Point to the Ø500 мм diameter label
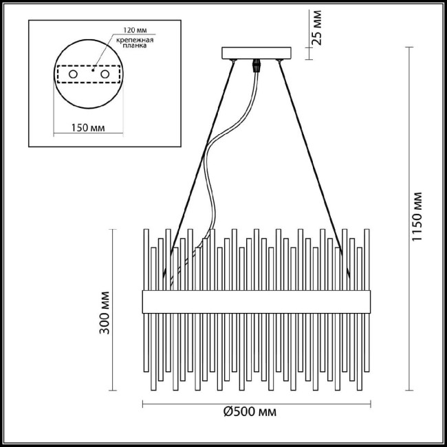[x=250, y=413]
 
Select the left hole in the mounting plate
[x=73, y=73]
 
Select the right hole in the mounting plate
[x=105, y=73]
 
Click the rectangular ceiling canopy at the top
[x=256, y=53]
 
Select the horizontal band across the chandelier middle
[x=257, y=299]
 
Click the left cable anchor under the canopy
[x=235, y=63]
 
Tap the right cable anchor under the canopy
[x=279, y=63]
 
